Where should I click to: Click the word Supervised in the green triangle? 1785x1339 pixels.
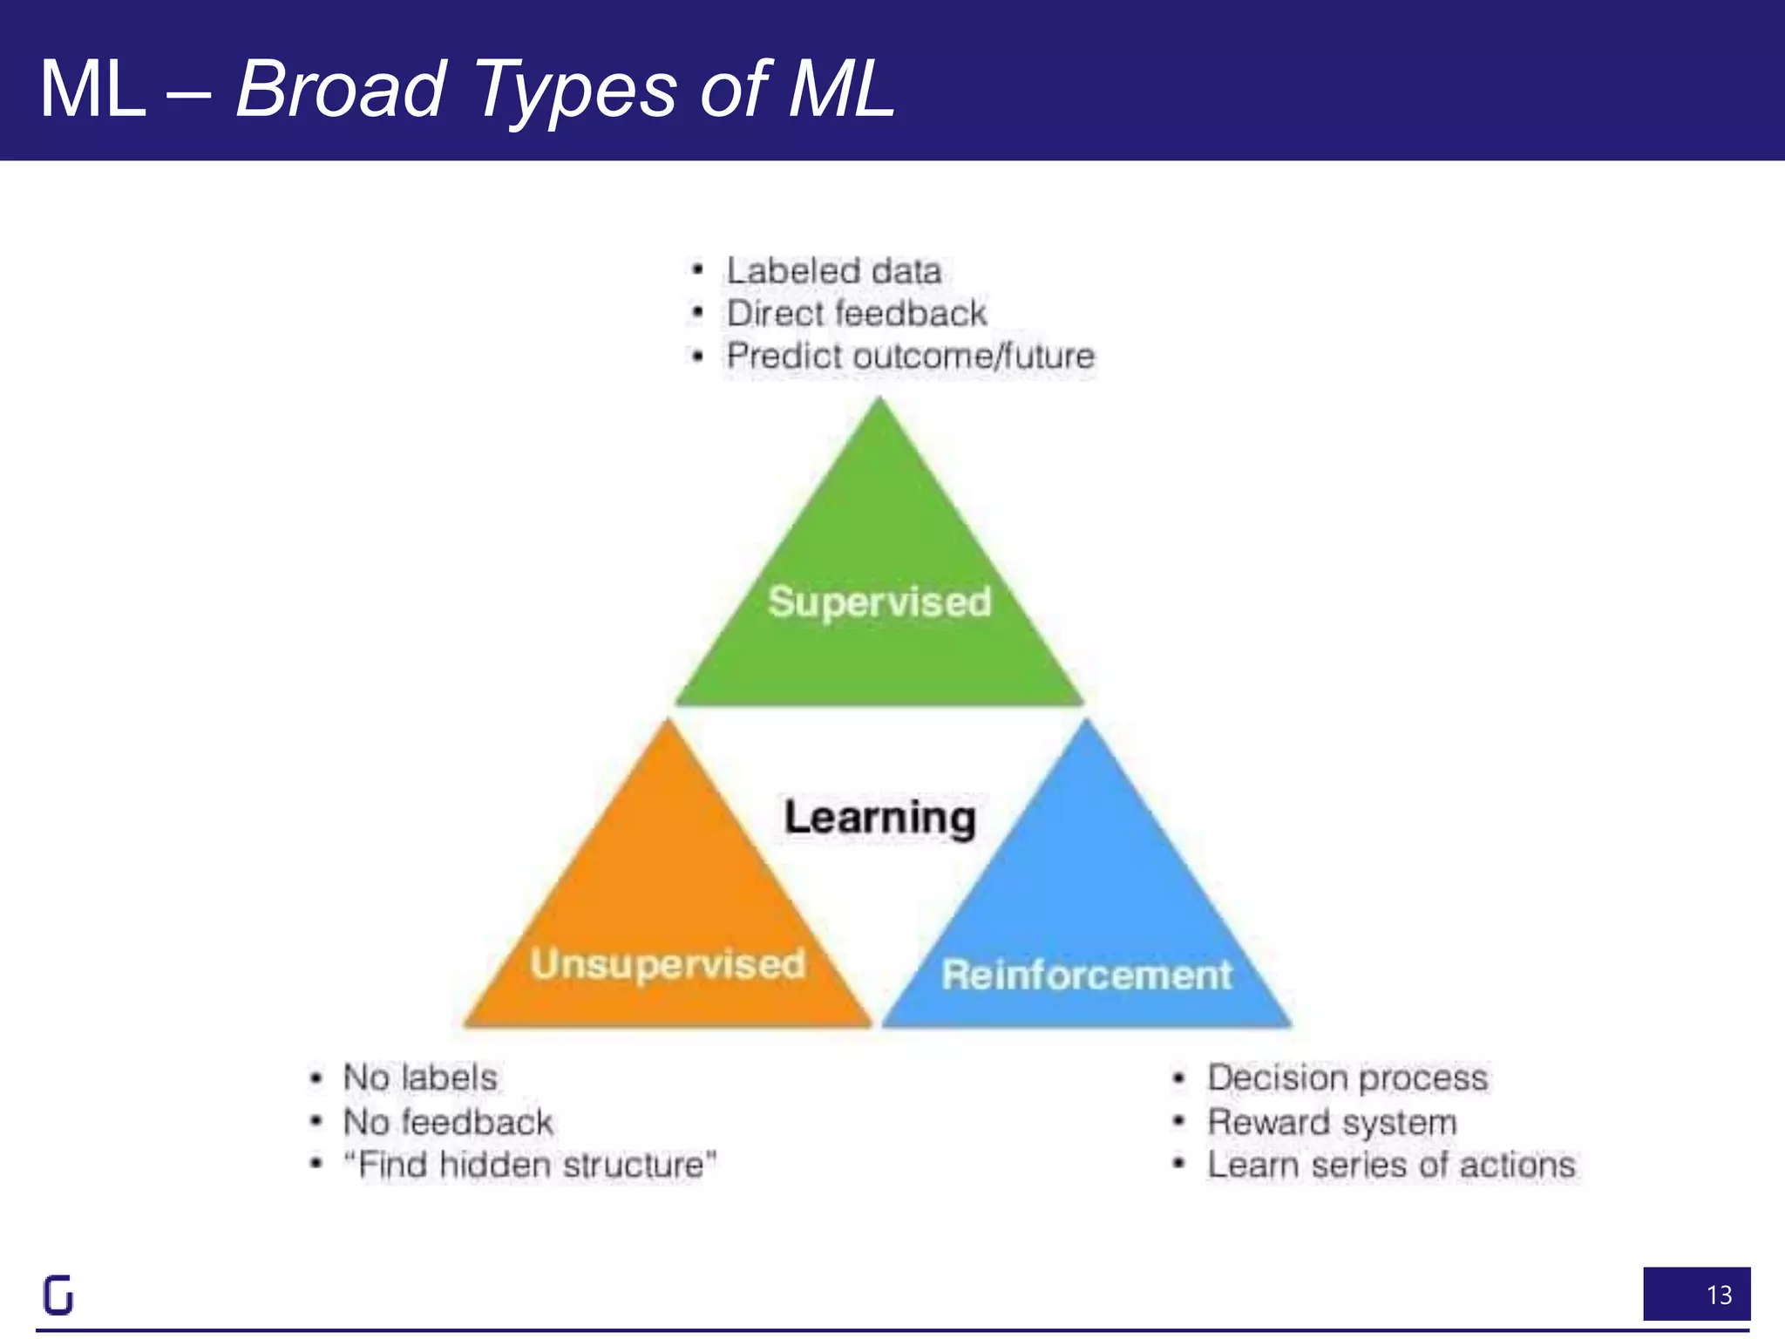879,602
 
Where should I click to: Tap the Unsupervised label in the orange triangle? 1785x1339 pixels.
668,964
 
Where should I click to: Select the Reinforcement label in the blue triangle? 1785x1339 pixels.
1087,975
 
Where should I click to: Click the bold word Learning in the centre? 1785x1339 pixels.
879,818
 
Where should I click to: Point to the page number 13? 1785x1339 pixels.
1719,1295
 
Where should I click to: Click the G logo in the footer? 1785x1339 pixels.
58,1295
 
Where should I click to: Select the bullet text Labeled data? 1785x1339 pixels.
834,271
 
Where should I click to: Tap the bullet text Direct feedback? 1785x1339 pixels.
857,313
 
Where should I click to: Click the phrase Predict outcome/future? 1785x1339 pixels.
910,356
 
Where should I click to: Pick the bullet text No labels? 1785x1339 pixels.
420,1077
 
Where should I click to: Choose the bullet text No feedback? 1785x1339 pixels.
448,1122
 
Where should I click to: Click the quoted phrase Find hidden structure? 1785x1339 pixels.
530,1165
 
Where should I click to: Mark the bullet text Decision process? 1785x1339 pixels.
1347,1077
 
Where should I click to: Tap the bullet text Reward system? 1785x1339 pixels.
1332,1122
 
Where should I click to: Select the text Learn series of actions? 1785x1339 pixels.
1391,1165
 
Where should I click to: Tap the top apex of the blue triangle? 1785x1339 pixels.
1087,724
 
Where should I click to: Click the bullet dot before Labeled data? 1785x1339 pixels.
696,270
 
